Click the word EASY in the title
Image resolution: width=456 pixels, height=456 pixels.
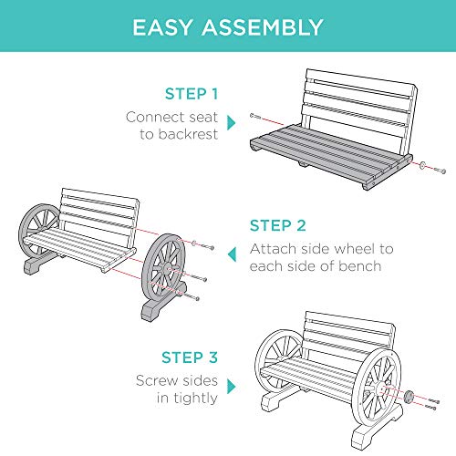168,27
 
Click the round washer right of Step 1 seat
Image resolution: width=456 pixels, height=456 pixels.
425,166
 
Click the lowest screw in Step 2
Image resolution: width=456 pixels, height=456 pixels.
192,295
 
